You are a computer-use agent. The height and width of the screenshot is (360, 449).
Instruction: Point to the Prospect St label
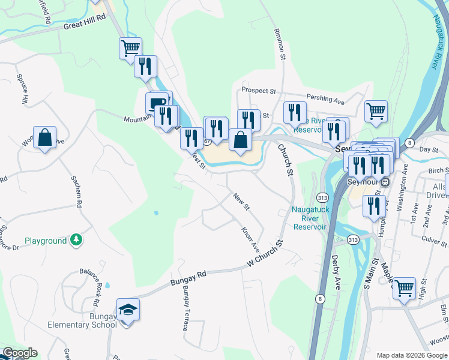click(258, 91)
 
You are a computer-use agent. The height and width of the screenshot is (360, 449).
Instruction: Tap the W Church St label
click(265, 255)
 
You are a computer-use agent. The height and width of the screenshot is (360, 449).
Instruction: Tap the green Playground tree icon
click(76, 240)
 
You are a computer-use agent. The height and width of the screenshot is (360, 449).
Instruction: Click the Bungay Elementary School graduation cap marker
click(128, 310)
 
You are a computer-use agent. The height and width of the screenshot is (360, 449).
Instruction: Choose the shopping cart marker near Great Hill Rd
click(130, 47)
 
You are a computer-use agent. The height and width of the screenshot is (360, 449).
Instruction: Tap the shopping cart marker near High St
click(404, 287)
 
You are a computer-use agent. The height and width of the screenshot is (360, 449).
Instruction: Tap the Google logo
click(19, 353)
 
